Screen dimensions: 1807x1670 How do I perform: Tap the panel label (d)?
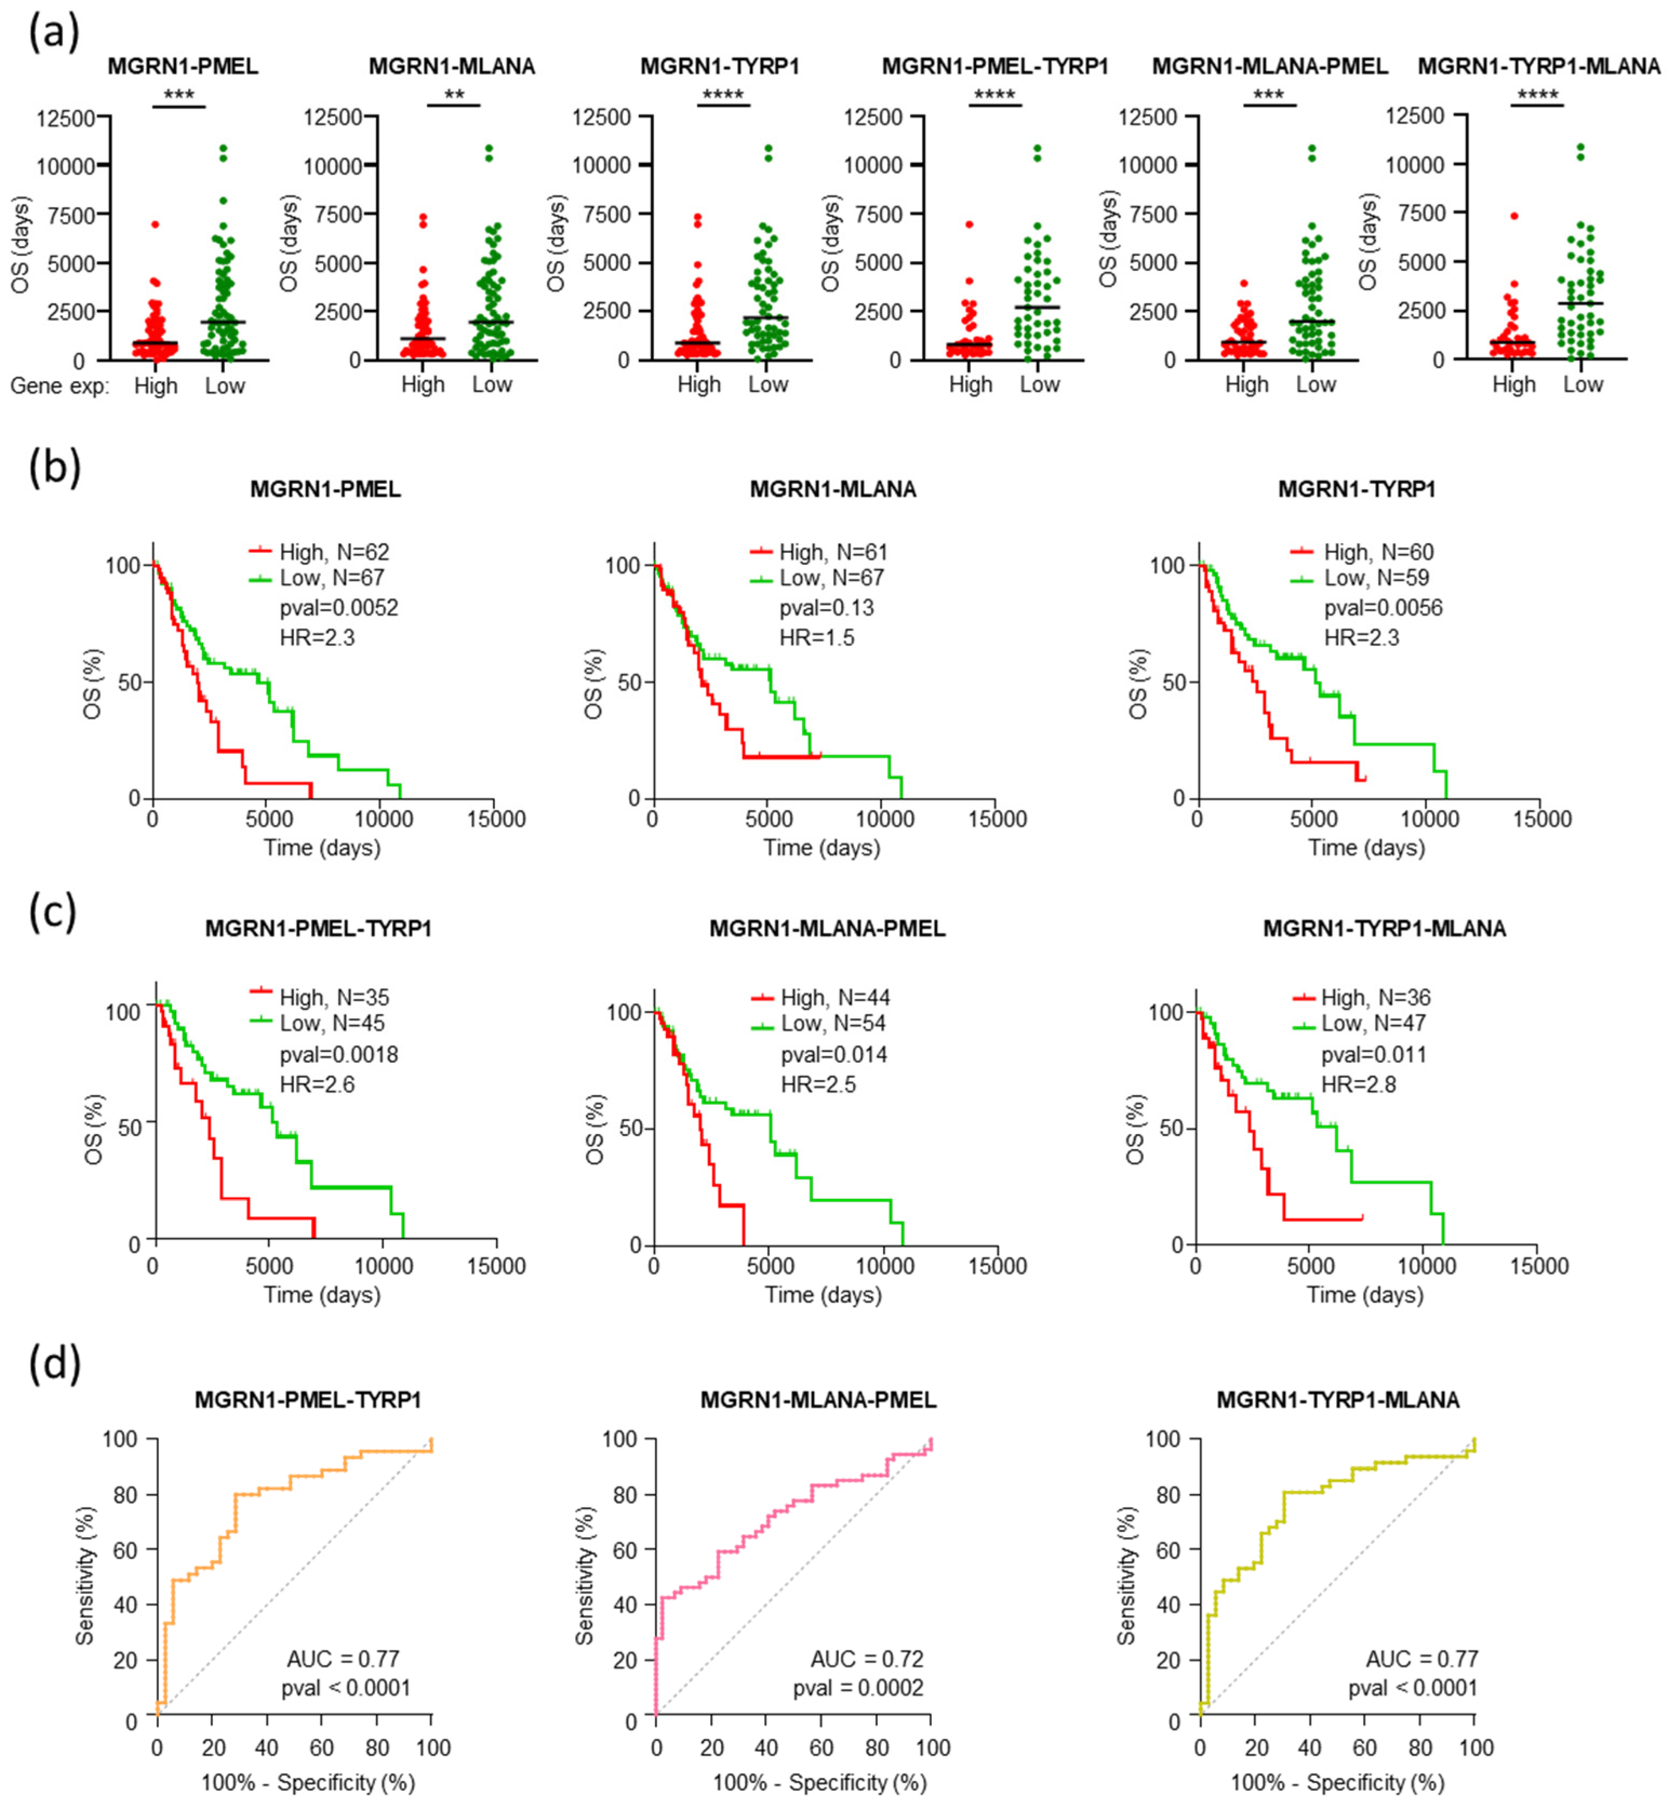(54, 1363)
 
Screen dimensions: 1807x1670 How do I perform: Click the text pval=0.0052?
(339, 608)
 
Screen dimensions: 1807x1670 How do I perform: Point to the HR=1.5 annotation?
(816, 637)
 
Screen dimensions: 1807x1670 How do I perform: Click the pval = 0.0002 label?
(858, 1688)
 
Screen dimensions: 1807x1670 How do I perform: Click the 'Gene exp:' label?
(59, 386)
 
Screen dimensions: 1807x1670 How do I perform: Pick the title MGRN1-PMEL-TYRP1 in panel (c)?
(318, 928)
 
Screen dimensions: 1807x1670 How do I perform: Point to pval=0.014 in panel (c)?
(833, 1054)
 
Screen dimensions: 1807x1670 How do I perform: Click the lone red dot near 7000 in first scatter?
(155, 224)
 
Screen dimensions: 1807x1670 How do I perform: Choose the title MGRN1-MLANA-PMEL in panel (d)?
(818, 1400)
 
